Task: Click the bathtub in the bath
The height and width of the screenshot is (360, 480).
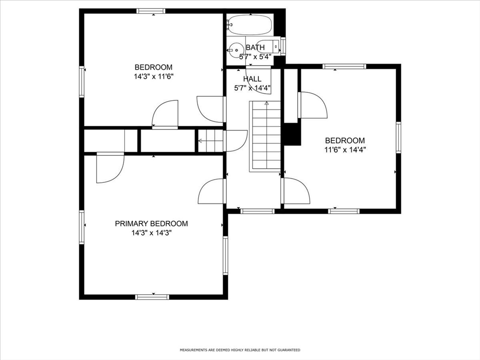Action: click(x=250, y=24)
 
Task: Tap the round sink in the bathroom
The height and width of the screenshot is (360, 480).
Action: click(x=236, y=50)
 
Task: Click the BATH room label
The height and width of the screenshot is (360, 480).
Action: click(x=255, y=47)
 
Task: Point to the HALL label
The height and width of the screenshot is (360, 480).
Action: click(x=252, y=79)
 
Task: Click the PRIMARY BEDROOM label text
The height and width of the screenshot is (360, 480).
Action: click(x=151, y=224)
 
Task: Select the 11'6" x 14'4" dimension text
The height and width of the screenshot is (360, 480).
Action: click(x=345, y=150)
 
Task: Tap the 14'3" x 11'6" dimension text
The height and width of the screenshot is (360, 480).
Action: click(x=154, y=76)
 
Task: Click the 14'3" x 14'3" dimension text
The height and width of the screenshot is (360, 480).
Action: click(x=151, y=233)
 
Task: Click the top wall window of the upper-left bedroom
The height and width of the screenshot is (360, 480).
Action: click(x=151, y=11)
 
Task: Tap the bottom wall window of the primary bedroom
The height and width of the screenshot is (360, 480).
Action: click(x=152, y=297)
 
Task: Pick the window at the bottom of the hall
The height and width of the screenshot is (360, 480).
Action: click(x=257, y=211)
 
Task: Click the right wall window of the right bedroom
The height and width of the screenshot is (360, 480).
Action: click(x=398, y=137)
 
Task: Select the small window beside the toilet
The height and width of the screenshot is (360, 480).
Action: click(x=283, y=45)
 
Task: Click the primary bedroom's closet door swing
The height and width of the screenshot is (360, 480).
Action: click(x=110, y=168)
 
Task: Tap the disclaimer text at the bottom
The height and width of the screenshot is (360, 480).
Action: click(x=240, y=350)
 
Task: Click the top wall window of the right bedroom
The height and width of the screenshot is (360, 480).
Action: click(x=345, y=67)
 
